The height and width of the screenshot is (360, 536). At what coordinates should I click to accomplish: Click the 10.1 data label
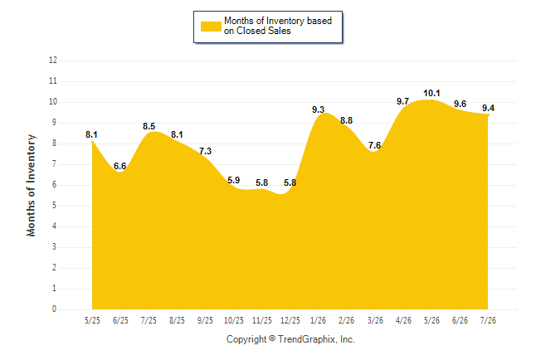431,93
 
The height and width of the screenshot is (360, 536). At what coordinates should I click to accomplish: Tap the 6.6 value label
119,166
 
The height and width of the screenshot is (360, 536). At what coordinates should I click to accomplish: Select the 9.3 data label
318,109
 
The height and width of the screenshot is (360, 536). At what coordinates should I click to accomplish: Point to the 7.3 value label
205,151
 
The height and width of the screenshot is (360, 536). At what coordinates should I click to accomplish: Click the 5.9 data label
233,180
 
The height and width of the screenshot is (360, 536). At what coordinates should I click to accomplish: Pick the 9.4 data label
488,108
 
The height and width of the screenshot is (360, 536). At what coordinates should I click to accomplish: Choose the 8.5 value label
149,126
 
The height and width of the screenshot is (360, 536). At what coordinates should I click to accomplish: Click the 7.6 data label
374,145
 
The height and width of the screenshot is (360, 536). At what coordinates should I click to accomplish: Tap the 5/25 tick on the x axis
92,320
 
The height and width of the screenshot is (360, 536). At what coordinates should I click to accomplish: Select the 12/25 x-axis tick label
290,320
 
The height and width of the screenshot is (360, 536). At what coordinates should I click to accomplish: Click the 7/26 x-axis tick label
488,320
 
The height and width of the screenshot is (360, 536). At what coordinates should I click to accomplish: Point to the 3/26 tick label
375,320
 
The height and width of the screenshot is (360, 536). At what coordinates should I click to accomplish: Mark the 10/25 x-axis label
233,320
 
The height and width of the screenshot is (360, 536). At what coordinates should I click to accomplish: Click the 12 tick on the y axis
53,61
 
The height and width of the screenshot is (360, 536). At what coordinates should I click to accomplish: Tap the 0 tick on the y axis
55,309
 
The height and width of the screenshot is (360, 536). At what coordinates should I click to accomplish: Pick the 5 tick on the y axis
55,206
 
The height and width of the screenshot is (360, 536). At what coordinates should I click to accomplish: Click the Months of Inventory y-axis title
31,185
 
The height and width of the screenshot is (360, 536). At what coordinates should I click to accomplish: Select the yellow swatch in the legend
211,27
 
